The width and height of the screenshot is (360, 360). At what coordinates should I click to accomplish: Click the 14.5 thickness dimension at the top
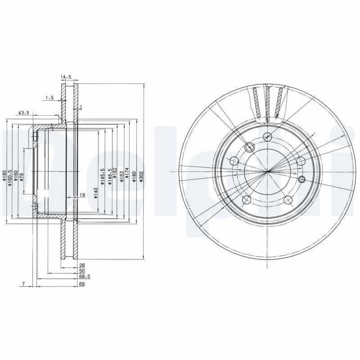pos(66,77)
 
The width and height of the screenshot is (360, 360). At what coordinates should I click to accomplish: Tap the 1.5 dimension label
pos(49,98)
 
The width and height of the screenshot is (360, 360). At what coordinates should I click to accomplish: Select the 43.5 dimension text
pos(23,112)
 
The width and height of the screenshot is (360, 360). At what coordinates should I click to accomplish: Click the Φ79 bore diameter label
pos(21,176)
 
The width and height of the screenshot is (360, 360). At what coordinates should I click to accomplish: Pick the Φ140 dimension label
pos(95,193)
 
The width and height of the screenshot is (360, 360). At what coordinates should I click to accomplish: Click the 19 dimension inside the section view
pos(82,195)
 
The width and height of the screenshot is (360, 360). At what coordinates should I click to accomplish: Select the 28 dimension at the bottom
pos(82,266)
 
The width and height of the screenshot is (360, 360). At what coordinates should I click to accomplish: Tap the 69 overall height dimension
pos(82,284)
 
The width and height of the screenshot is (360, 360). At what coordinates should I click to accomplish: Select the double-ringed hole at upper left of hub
pos(250,147)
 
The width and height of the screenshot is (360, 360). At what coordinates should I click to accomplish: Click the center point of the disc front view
pos(268,171)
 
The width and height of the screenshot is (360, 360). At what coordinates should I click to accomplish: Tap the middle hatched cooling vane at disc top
pos(268,103)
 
